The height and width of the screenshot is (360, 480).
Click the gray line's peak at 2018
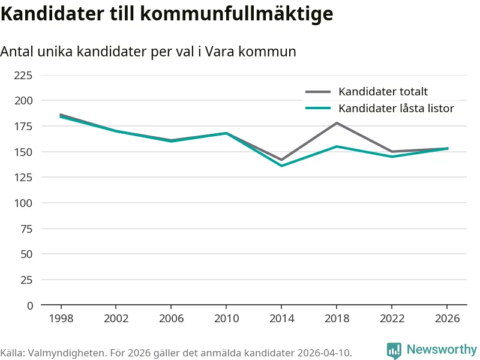(337, 123)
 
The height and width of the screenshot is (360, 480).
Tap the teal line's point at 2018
(337, 146)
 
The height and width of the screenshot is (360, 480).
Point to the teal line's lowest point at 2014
(281, 166)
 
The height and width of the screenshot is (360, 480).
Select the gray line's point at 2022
(392, 152)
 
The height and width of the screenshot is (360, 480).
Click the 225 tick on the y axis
(23, 76)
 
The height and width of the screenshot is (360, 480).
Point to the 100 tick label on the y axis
(23, 203)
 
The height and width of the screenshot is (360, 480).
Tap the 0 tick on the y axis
(29, 305)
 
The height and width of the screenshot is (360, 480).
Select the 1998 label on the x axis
(61, 319)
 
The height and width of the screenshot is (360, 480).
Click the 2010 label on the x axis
(226, 319)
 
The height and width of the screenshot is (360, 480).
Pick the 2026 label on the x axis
(447, 319)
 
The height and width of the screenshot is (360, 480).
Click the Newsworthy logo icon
(394, 350)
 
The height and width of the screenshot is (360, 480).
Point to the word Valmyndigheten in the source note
(67, 353)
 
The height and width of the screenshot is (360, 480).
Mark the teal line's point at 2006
(171, 141)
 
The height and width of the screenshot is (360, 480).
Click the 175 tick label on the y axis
(23, 127)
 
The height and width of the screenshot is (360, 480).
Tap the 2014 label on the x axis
(281, 319)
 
